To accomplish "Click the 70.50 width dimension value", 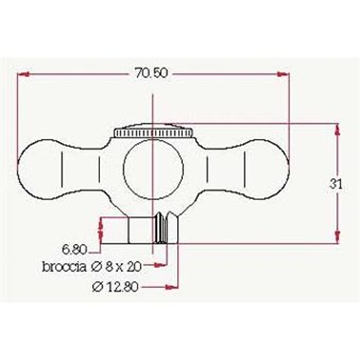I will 152,73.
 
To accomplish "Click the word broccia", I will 65,267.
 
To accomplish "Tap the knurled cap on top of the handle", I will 153,133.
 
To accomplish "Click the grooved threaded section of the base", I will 166,229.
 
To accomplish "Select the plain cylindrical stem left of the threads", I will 142,230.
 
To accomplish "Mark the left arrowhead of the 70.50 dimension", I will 22,73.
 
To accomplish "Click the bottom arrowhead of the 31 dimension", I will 336,239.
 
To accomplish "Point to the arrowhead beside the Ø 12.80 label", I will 173,287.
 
